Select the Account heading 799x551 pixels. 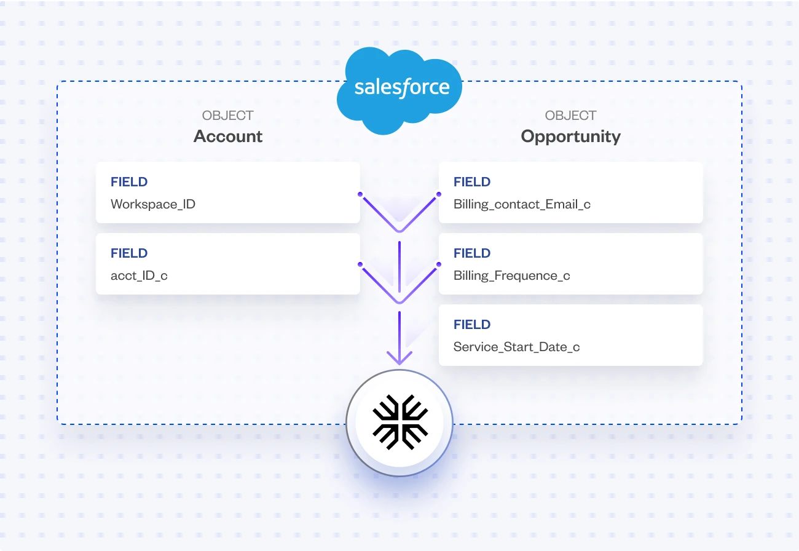tap(228, 137)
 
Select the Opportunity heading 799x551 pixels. tap(570, 137)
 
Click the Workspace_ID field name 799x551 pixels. tap(153, 204)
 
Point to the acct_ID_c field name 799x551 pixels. tap(139, 275)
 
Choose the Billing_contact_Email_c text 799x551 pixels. tap(522, 204)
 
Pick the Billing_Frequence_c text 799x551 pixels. tap(511, 275)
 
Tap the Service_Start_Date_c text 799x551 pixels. tap(516, 347)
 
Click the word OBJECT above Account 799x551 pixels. tap(227, 116)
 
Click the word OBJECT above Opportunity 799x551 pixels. tap(570, 116)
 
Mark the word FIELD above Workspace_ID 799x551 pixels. tap(129, 182)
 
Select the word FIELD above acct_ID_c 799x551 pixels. tap(129, 253)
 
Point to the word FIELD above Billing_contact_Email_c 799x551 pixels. tap(472, 182)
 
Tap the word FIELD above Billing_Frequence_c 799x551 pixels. tap(472, 253)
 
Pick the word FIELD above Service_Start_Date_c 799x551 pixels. tap(472, 325)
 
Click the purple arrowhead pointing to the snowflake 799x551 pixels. tap(399, 358)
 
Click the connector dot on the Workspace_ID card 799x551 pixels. tap(360, 194)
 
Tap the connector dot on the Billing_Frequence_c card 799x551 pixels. tap(439, 265)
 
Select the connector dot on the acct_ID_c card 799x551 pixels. tap(360, 265)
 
